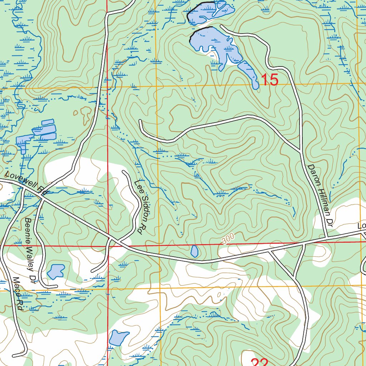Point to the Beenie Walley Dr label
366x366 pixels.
31,250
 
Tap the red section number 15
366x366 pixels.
269,80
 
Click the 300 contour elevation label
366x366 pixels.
227,238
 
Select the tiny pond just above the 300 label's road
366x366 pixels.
194,251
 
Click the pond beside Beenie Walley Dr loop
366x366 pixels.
56,272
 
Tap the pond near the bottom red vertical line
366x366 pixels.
118,338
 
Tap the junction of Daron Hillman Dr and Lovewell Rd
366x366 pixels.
327,237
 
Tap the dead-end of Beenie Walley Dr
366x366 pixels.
56,286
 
